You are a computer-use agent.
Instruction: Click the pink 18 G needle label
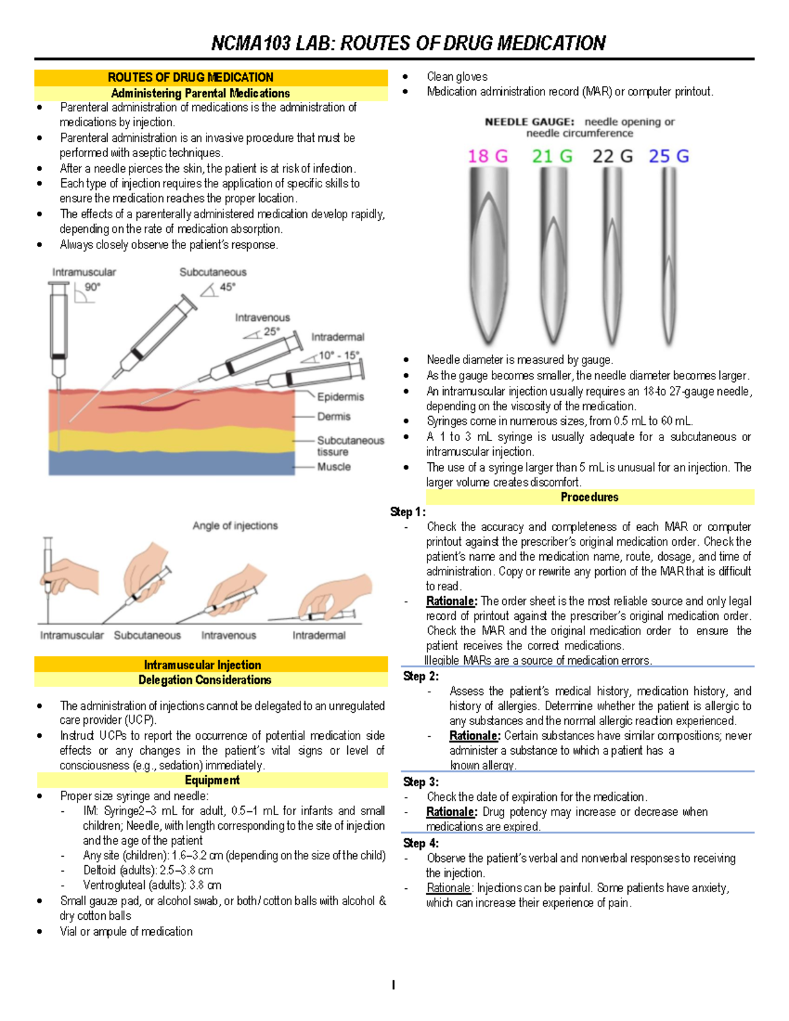point(487,156)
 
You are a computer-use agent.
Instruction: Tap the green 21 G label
point(552,156)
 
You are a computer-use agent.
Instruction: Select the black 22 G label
point(612,156)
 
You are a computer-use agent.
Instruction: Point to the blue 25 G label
point(669,156)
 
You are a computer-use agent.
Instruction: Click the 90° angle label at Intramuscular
point(93,287)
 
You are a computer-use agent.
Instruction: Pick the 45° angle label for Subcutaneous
point(227,287)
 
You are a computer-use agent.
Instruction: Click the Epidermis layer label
point(340,396)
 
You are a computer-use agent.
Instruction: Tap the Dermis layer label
point(333,416)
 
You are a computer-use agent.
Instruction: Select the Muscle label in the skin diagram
point(333,466)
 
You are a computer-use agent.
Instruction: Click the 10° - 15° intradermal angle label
point(339,355)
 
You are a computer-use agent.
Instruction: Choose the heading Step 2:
point(421,676)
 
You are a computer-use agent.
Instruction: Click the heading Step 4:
point(421,843)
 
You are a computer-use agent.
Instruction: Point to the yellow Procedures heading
point(589,497)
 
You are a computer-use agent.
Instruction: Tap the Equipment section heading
point(212,780)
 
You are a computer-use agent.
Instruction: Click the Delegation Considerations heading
point(204,680)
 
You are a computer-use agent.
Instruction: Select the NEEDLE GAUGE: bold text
point(529,122)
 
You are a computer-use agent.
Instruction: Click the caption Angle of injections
point(235,525)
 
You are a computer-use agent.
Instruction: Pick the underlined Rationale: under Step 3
point(451,812)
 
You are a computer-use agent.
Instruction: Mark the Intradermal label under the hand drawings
point(319,635)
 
